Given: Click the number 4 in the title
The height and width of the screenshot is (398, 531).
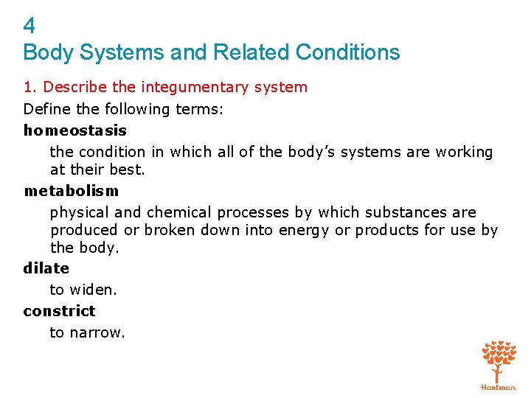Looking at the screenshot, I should [x=29, y=27].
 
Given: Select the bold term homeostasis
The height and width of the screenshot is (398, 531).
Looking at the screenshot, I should [x=75, y=130].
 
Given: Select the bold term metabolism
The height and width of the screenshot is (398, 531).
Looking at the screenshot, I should [x=71, y=191].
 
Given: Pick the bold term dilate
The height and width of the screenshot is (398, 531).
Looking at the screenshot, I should [x=46, y=268].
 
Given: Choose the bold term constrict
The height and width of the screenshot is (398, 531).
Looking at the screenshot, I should [x=59, y=311].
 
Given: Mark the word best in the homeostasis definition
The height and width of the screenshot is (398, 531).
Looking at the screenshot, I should [x=131, y=170].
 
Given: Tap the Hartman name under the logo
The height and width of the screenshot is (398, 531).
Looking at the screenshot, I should [x=499, y=386].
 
